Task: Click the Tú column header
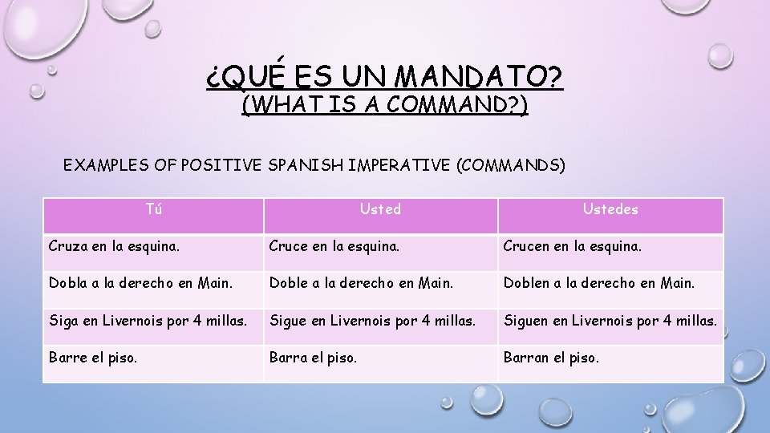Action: [153, 210]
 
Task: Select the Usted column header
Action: [380, 209]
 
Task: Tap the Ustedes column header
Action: [610, 209]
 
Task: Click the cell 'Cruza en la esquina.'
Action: [114, 246]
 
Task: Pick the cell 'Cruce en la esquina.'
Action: [335, 246]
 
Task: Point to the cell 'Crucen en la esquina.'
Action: [572, 246]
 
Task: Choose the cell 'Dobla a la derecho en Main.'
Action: [140, 283]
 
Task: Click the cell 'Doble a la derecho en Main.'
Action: [361, 283]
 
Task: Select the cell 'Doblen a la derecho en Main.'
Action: [599, 283]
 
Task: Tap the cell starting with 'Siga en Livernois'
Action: [148, 322]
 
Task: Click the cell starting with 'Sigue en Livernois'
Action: [372, 322]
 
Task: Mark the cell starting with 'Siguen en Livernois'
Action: [610, 322]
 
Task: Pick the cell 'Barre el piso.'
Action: [92, 358]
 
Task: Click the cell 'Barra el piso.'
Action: [313, 358]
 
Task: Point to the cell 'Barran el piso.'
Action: [550, 358]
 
